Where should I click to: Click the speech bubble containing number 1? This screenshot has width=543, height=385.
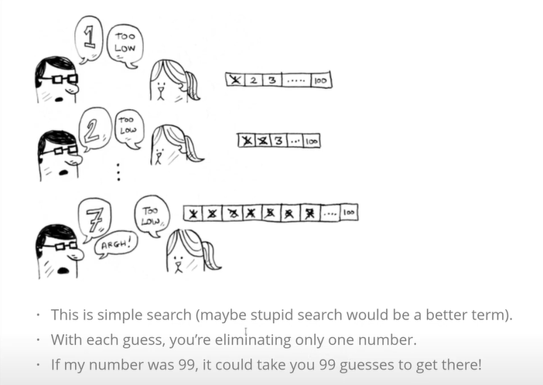click(89, 39)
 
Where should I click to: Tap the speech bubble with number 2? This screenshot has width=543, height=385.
click(94, 129)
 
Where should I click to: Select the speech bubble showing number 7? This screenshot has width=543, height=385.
click(95, 219)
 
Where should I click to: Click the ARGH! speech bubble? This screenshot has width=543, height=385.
click(116, 244)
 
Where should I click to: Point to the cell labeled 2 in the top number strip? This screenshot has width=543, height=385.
click(254, 80)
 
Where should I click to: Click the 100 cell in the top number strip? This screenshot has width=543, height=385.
click(321, 80)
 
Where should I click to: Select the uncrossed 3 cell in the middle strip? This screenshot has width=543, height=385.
click(278, 141)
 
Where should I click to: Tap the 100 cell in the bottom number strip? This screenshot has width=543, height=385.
click(349, 213)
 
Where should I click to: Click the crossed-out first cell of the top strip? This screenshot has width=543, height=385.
click(235, 80)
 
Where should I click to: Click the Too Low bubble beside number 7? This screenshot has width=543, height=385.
click(152, 216)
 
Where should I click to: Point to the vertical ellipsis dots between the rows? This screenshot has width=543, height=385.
click(119, 172)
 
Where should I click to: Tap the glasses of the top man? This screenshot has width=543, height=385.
click(59, 80)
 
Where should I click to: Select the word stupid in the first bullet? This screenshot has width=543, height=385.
click(272, 315)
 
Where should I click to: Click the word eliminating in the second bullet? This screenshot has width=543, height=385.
click(253, 339)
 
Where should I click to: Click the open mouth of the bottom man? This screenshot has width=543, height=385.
click(63, 271)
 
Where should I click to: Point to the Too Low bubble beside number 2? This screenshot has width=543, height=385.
click(128, 128)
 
